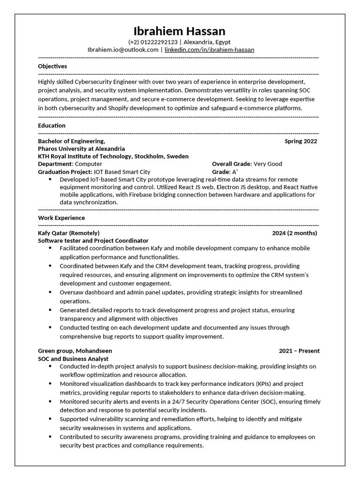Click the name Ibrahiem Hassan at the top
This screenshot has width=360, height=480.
click(x=180, y=31)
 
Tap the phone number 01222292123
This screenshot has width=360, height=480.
click(x=159, y=42)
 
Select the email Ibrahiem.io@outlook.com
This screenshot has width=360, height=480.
click(x=123, y=49)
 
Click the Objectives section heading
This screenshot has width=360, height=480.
click(x=52, y=66)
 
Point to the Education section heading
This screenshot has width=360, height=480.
click(x=52, y=126)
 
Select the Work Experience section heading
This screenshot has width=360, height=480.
click(x=61, y=218)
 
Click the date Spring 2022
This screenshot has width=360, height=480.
click(x=300, y=141)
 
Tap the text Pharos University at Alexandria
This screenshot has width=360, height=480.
click(x=82, y=149)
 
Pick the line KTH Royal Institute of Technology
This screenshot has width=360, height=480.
click(x=113, y=156)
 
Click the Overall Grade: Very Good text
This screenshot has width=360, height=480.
click(x=247, y=164)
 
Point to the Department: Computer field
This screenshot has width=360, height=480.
click(x=70, y=164)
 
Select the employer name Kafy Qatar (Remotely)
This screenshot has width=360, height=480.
click(x=68, y=233)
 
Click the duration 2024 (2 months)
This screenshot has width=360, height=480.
click(x=294, y=233)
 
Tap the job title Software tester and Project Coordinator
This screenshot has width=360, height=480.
click(x=93, y=240)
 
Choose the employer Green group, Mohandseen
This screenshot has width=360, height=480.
click(x=75, y=351)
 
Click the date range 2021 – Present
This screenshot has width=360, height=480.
click(x=299, y=351)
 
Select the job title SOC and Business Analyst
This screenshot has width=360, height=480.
click(x=73, y=359)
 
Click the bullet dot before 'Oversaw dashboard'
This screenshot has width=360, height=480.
click(x=50, y=292)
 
